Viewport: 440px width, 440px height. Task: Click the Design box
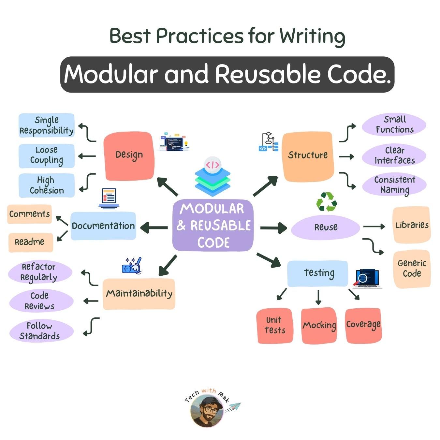coord(129,156)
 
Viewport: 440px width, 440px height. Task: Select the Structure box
coord(308,156)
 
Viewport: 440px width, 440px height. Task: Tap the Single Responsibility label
coord(47,125)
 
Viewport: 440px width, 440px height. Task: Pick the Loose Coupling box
coord(47,156)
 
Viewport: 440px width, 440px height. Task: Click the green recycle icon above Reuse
coord(326,202)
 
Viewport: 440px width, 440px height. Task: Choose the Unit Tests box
coord(275,325)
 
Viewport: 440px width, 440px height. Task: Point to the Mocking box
coord(319,325)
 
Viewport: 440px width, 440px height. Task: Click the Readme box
coord(30,242)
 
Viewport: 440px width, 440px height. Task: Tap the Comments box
coord(29,214)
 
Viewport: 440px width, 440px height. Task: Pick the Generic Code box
coord(412,269)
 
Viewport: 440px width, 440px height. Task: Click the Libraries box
coord(412,225)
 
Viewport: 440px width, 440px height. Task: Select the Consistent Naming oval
coord(394,185)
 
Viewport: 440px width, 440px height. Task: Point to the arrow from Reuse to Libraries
coord(374,227)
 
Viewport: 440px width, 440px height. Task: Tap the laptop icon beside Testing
coord(368,279)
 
